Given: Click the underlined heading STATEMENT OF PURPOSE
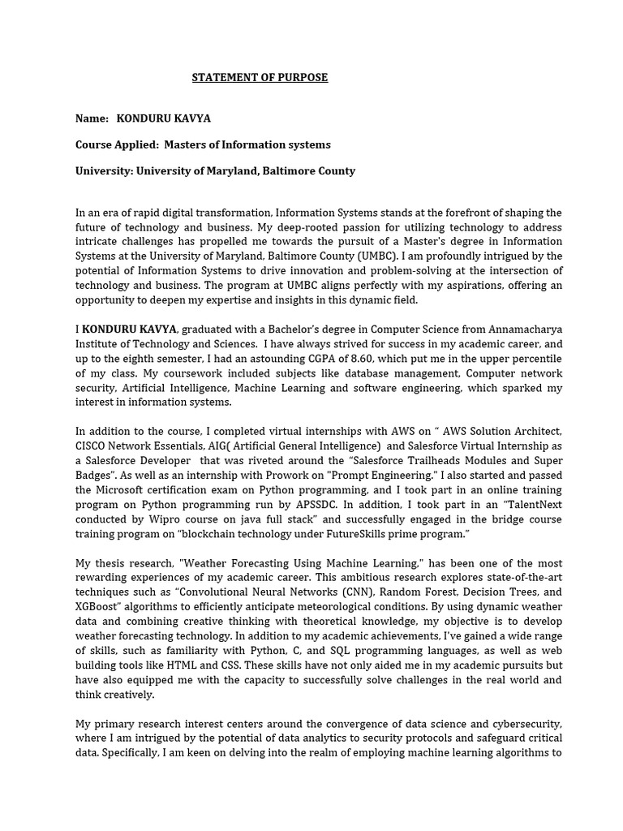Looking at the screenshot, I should point(260,78).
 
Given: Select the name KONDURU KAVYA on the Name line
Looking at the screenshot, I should point(163,118).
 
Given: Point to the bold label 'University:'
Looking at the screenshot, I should point(104,171).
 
